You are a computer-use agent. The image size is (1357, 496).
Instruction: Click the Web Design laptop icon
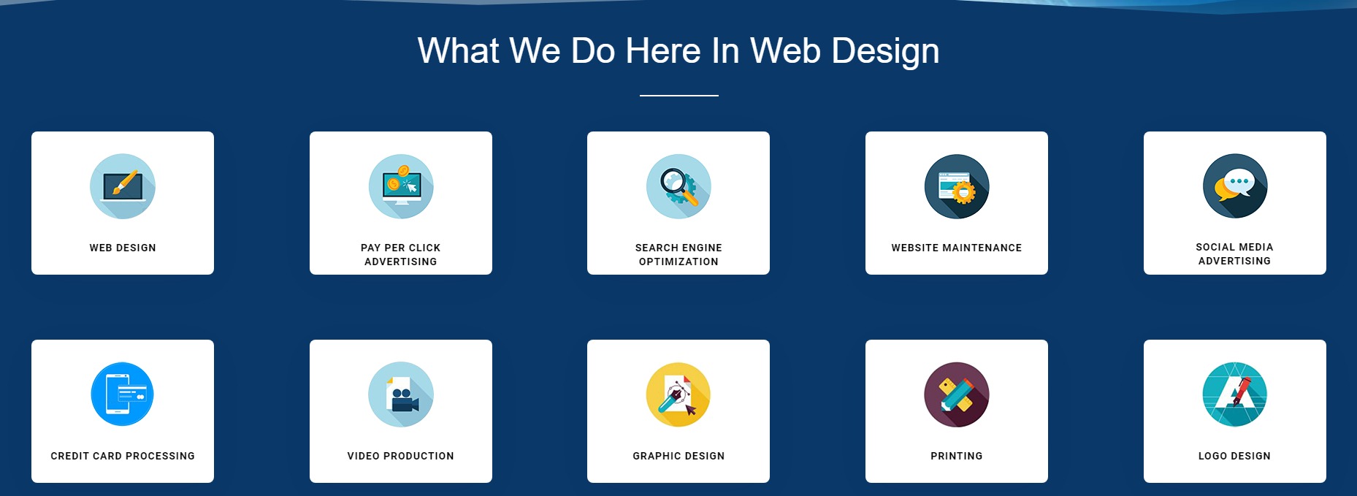(x=123, y=186)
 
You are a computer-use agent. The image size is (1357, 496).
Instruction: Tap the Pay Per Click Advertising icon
(x=401, y=186)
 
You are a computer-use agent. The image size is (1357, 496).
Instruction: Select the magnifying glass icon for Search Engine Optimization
(x=678, y=186)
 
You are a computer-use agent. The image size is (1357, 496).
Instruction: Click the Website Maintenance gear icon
(x=957, y=186)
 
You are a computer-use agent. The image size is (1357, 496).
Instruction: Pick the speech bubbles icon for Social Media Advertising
(x=1235, y=186)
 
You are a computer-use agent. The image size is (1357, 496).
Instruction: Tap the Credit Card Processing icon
(x=123, y=394)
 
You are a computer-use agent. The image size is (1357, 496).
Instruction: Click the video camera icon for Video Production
(x=401, y=394)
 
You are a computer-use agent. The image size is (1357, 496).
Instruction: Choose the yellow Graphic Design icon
(x=678, y=394)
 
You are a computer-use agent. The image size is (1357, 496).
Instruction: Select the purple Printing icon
(x=957, y=394)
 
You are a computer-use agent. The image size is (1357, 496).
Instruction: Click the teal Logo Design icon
(x=1235, y=394)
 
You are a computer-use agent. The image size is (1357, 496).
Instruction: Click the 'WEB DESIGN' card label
(x=123, y=248)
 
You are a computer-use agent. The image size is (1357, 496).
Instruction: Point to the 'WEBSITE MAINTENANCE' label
(x=957, y=248)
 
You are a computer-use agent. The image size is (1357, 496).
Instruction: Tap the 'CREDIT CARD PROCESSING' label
(x=123, y=456)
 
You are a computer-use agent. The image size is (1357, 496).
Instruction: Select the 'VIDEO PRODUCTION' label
(x=401, y=456)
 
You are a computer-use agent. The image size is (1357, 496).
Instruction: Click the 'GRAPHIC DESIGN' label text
(x=678, y=456)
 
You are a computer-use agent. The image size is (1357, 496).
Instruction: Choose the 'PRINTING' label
(x=957, y=456)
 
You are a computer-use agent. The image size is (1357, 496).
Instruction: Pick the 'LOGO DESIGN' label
(x=1235, y=456)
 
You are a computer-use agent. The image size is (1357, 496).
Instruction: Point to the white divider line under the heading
(x=679, y=95)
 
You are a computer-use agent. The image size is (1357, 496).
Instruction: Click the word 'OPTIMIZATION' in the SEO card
(x=678, y=262)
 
